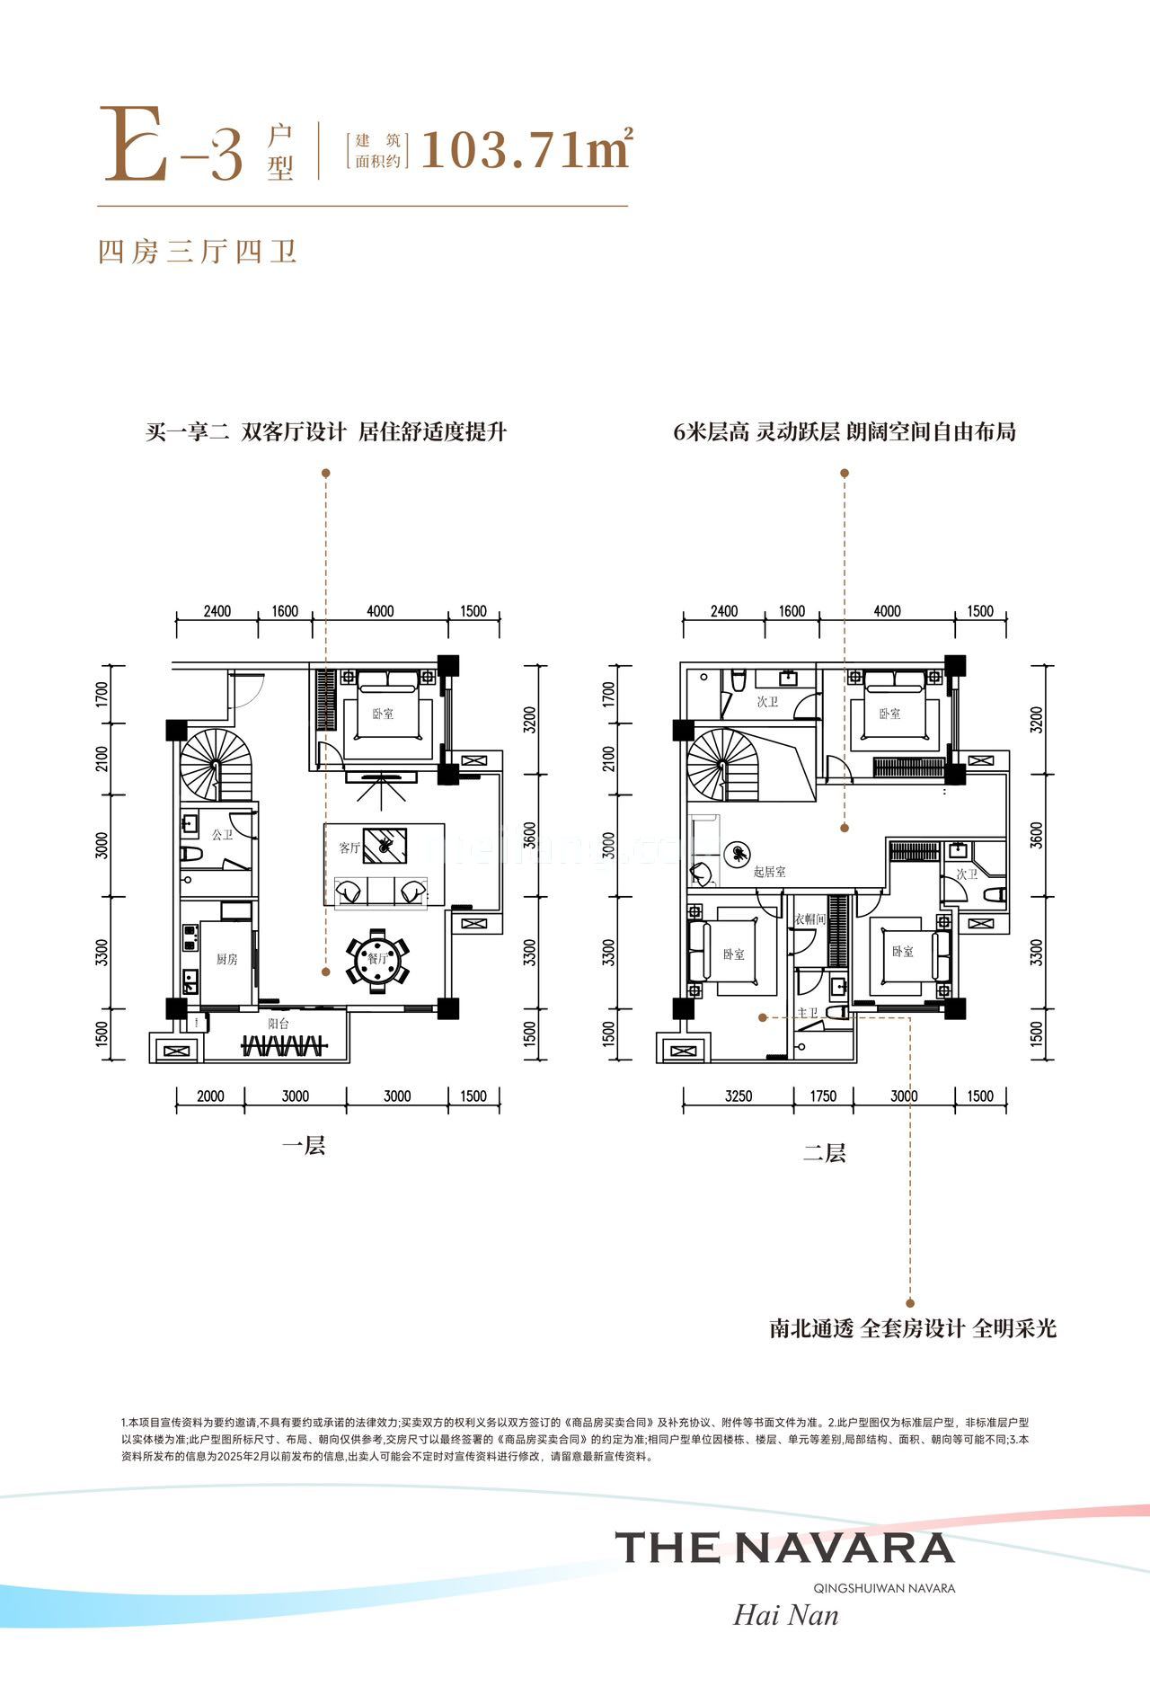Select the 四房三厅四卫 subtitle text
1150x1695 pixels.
pos(198,252)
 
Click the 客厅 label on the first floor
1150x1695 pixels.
pos(349,847)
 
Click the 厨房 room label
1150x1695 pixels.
pos(227,959)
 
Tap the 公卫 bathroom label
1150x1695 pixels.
pos(222,834)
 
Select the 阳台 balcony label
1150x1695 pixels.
pos(278,1024)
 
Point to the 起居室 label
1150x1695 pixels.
pos(770,872)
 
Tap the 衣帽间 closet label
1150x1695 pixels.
pos(809,919)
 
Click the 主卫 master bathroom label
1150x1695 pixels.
pos(808,1013)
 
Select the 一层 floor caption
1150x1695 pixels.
pos(304,1146)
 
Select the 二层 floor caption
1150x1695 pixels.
pos(824,1152)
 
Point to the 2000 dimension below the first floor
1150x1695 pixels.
pos(210,1096)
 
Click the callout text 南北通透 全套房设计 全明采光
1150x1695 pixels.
pos(913,1328)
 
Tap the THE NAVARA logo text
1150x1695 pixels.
pos(784,1547)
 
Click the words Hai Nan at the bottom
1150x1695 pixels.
pos(786,1615)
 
